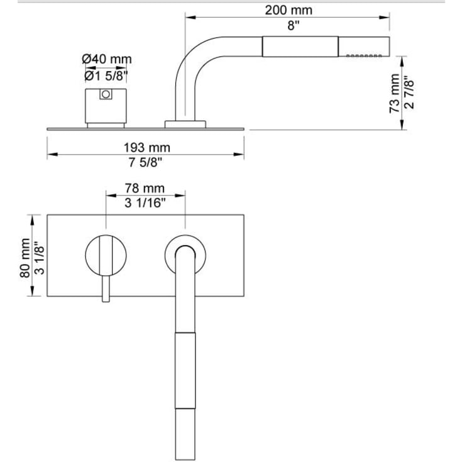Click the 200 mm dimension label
(289, 10)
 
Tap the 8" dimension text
(293, 26)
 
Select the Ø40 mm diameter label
(107, 59)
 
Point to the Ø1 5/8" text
(106, 75)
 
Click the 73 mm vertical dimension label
(395, 93)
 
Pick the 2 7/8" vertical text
(409, 92)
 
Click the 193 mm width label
(146, 148)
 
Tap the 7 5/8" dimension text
(146, 162)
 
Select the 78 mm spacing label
(145, 189)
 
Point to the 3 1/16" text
(145, 202)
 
